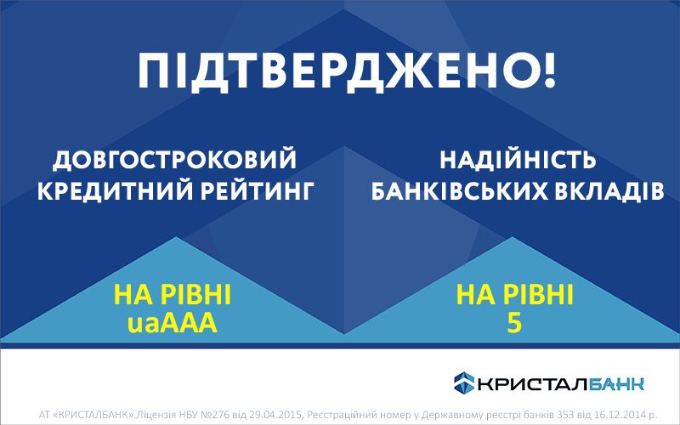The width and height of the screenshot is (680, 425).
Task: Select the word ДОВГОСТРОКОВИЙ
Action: (173, 160)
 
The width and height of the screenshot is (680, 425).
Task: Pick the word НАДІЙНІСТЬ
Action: (518, 160)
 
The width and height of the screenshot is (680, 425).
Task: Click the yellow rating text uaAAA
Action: (173, 322)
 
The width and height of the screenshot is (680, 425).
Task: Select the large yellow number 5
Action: (514, 323)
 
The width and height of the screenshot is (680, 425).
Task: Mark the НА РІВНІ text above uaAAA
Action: (173, 296)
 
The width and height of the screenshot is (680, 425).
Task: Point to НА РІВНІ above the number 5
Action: (515, 296)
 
